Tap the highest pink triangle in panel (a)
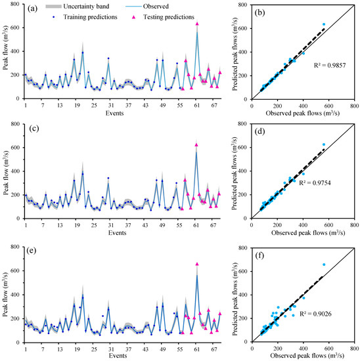pos(197,24)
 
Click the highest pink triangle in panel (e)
pos(197,265)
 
